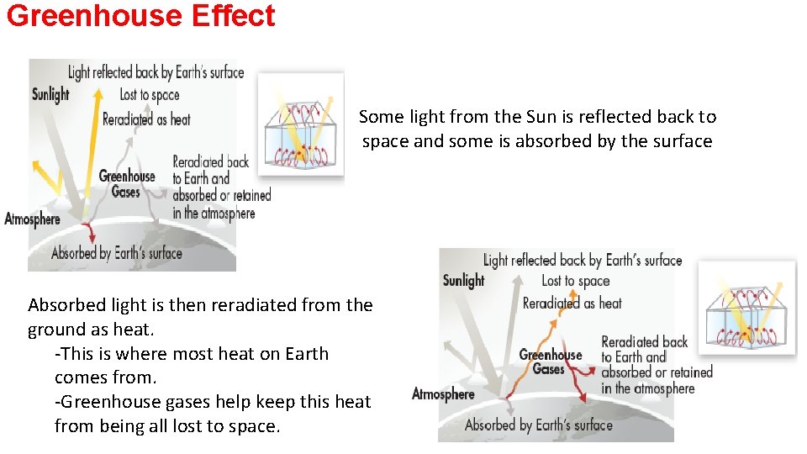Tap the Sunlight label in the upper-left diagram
(x=50, y=94)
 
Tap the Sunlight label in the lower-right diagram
(x=464, y=281)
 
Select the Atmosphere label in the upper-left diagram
(x=33, y=219)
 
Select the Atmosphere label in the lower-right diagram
(x=443, y=394)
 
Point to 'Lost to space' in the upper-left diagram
(x=150, y=95)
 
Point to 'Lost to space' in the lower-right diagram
(x=576, y=281)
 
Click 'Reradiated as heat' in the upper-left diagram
(x=146, y=119)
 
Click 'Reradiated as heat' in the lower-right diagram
(x=572, y=303)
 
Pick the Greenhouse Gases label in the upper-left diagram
(x=127, y=184)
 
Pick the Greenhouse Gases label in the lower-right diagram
(x=551, y=362)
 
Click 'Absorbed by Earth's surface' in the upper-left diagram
(x=117, y=252)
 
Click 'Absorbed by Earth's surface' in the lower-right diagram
(x=539, y=425)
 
